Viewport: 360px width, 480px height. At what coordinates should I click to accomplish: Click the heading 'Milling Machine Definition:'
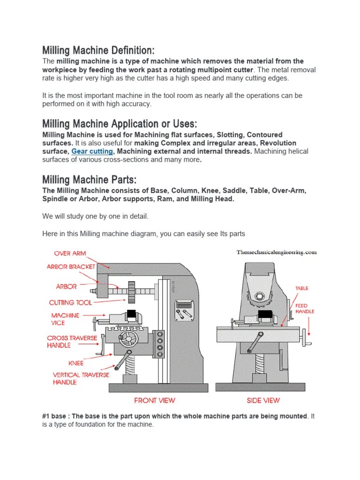(x=98, y=50)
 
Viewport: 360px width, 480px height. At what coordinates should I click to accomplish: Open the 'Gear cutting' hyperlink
(x=92, y=151)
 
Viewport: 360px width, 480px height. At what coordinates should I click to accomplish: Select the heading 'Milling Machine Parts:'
(x=89, y=180)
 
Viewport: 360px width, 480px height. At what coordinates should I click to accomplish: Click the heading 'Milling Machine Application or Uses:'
(x=120, y=124)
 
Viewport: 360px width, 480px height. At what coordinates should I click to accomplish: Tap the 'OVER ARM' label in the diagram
(x=70, y=254)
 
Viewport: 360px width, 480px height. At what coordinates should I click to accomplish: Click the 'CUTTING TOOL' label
(x=70, y=303)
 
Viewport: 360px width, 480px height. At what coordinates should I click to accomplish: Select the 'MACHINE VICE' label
(x=65, y=319)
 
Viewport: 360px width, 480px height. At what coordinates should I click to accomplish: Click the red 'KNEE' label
(x=76, y=363)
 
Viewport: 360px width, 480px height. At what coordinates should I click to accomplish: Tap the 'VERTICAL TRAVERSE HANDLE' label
(x=80, y=378)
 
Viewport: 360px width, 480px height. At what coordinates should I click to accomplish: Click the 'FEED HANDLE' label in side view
(x=305, y=308)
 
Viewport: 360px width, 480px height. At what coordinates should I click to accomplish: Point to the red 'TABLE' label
(x=302, y=288)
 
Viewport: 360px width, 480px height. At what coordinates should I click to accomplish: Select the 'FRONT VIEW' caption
(x=154, y=400)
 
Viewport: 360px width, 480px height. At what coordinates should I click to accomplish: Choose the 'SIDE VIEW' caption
(x=263, y=400)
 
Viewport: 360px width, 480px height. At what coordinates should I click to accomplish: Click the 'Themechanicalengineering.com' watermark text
(x=277, y=252)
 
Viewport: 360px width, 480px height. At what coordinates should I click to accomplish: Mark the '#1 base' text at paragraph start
(x=54, y=416)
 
